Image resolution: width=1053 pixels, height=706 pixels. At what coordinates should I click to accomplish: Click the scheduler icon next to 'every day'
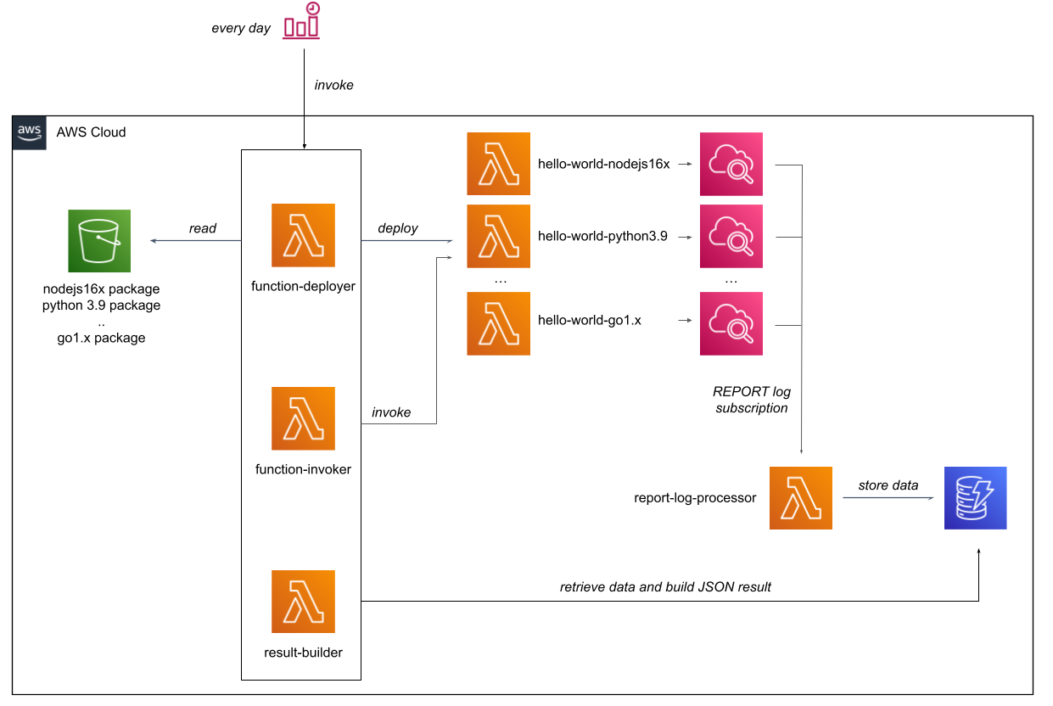(x=302, y=22)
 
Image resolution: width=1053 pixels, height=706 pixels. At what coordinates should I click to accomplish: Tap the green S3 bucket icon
(x=99, y=241)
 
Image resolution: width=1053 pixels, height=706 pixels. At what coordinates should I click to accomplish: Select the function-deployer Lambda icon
(x=303, y=235)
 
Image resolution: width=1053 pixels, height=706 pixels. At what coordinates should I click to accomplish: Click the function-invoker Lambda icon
(x=303, y=418)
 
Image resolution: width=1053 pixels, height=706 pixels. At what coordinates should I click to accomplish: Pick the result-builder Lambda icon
(x=303, y=602)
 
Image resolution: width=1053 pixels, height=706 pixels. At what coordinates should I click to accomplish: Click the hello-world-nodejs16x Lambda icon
(x=498, y=164)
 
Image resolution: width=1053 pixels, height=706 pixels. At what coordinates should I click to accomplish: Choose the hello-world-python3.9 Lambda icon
(x=498, y=236)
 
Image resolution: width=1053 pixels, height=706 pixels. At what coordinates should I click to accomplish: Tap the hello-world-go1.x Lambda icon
(x=498, y=323)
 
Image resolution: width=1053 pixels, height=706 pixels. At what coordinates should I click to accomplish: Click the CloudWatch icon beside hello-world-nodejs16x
(x=731, y=164)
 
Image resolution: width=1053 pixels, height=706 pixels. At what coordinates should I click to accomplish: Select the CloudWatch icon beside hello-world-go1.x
(x=731, y=323)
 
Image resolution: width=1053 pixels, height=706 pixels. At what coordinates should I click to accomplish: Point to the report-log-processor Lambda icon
(x=800, y=498)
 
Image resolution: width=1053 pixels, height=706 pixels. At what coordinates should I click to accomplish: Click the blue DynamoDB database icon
(x=975, y=498)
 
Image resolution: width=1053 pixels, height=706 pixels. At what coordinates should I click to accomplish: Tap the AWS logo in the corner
(x=30, y=132)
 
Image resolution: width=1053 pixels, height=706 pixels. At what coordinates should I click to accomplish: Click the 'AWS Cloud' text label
(x=91, y=132)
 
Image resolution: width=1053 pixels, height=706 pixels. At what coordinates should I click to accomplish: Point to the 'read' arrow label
(x=203, y=228)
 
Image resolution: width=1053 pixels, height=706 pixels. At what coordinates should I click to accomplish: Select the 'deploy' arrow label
(x=398, y=228)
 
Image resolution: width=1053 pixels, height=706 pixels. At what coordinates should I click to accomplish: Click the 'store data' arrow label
(x=888, y=485)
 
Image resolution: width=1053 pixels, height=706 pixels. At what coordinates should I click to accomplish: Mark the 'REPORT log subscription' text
(x=752, y=400)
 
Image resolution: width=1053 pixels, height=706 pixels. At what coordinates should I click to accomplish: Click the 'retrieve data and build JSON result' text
(x=665, y=586)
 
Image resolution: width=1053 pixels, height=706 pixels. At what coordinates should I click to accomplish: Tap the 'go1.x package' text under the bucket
(x=101, y=338)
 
